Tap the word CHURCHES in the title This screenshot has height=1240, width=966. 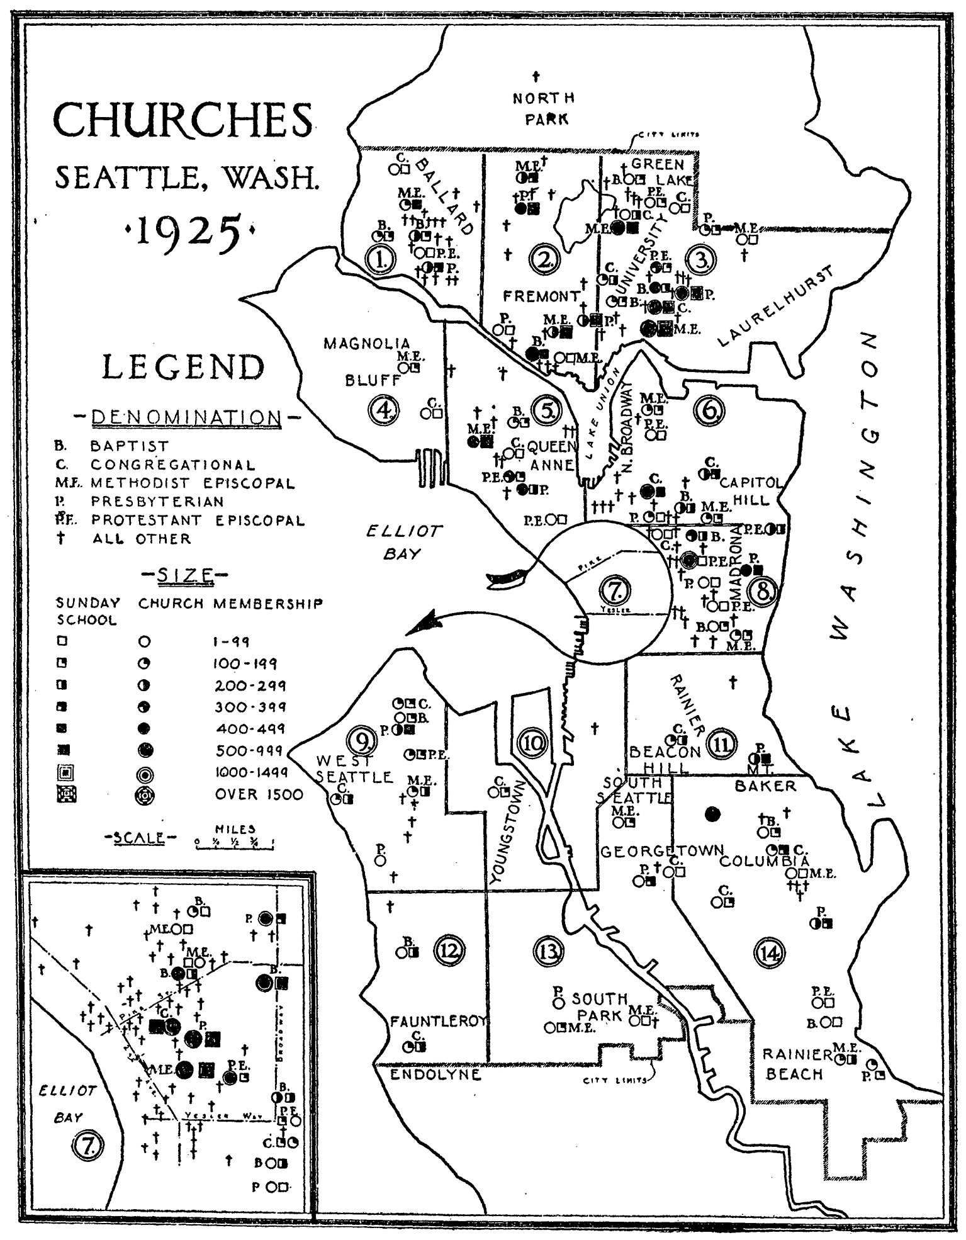point(183,120)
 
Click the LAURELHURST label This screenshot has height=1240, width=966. point(776,307)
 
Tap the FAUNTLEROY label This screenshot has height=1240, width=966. point(439,1021)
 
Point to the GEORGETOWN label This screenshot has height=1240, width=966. point(662,852)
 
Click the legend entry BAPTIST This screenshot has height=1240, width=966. point(130,446)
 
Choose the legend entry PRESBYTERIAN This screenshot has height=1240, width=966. point(157,502)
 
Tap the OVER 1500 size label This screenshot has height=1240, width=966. point(259,794)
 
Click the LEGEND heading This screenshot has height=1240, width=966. point(184,368)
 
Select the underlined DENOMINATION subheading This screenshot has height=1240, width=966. point(187,418)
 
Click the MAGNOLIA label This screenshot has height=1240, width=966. point(366,344)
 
